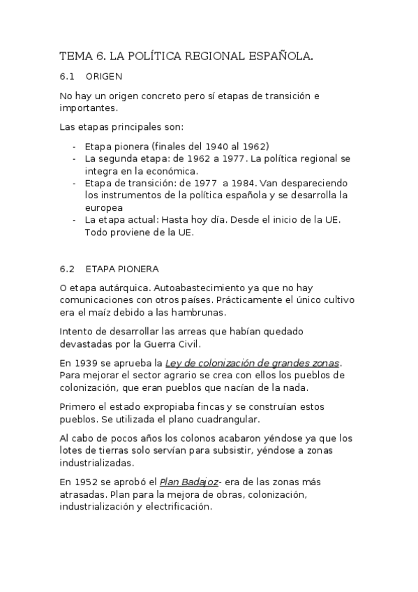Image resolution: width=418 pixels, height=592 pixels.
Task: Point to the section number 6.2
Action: [67, 268]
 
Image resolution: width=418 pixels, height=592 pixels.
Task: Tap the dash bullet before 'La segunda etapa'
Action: [75, 158]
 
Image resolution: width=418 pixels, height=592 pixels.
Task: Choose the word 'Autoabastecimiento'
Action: [200, 287]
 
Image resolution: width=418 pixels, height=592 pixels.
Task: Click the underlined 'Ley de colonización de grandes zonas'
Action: [252, 362]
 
